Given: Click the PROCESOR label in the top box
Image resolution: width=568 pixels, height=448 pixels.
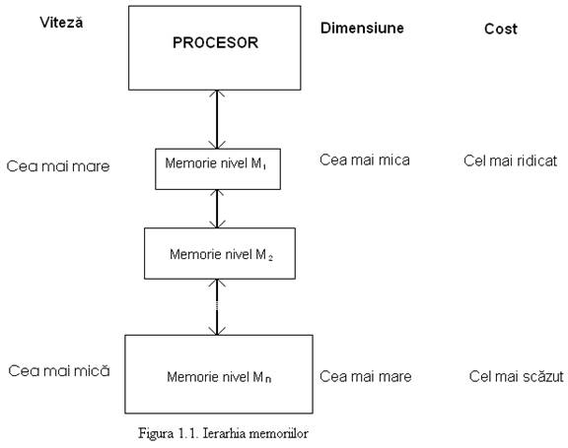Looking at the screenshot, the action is click(x=215, y=42).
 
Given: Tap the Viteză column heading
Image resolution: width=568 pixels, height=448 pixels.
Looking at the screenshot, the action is click(x=61, y=23).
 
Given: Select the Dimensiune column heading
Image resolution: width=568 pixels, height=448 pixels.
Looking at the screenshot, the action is click(x=362, y=28).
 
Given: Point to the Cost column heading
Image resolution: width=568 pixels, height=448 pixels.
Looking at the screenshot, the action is click(x=501, y=29).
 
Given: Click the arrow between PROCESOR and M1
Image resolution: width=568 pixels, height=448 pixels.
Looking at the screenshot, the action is click(x=217, y=119).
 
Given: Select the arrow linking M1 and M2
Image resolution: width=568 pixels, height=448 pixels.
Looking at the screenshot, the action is click(x=217, y=209).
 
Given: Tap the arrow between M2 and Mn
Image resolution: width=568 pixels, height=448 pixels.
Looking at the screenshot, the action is click(x=217, y=307).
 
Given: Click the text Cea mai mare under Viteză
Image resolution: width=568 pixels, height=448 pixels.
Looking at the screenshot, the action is click(x=58, y=166).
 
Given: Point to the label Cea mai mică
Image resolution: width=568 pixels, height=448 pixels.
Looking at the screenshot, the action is click(x=59, y=370).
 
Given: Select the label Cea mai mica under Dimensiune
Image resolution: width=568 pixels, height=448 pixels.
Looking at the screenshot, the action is click(x=365, y=160).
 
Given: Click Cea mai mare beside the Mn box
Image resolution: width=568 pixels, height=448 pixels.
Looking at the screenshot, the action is click(x=366, y=376).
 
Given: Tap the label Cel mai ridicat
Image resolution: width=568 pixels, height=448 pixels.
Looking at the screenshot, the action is click(x=510, y=160).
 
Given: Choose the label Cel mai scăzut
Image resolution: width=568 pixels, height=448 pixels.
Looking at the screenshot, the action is click(x=516, y=376).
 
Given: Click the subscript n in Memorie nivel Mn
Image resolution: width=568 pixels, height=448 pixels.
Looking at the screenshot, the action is click(x=268, y=379).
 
